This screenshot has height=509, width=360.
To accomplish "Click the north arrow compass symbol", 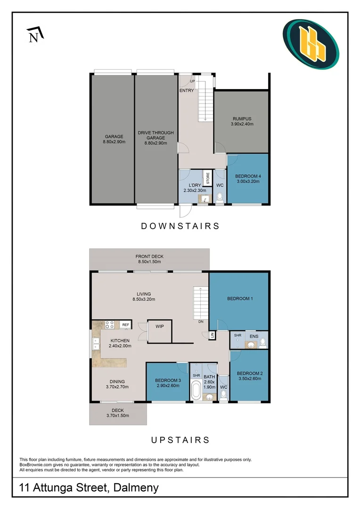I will coord(34,35).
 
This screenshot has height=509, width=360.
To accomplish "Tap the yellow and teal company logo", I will coord(311,44).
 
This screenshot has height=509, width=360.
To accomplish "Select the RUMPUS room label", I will coord(243,119).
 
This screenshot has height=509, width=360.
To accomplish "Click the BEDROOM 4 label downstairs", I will coord(248,176).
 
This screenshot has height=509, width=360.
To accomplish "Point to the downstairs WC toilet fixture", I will coord(220,197).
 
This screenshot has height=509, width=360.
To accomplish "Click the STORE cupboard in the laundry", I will coord(207,180).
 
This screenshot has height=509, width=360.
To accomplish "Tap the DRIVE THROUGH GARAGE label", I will coord(155,133).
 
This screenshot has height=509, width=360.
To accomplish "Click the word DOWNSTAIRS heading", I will coord(180,226).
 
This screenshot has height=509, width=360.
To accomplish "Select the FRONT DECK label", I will coord(149,256).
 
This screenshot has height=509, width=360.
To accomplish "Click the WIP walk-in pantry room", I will coord(159,326).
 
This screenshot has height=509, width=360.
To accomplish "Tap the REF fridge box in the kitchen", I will coord(125,324).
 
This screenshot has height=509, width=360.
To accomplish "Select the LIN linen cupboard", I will coord(212,335).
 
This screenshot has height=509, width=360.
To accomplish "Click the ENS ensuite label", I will coord(254,336).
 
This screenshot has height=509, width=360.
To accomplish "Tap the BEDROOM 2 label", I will coord(250,373).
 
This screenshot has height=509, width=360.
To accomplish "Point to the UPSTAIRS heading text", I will coord(180,440).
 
